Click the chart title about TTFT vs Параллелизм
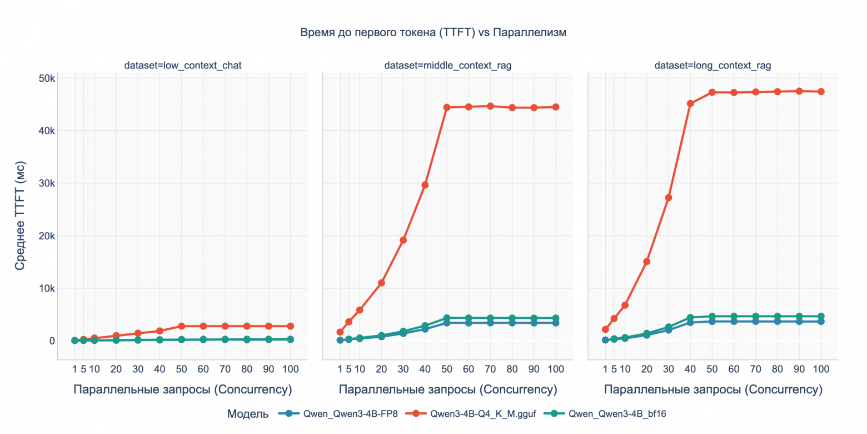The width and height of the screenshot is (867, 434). [433, 32]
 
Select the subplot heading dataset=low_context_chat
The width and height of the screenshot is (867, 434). [182, 66]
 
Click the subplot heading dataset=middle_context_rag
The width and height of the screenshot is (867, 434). [447, 66]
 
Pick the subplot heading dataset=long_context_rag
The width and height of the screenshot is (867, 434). [712, 66]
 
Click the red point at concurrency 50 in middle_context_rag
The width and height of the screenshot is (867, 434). [447, 107]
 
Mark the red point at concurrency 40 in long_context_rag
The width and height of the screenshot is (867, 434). [690, 103]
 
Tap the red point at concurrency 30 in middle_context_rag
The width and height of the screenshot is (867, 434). [403, 240]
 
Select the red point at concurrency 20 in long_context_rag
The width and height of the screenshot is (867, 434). [646, 262]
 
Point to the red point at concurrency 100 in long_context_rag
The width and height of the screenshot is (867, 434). [821, 92]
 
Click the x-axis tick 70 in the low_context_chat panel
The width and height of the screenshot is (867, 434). [225, 369]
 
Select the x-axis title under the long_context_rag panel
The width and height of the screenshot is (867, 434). [712, 389]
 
